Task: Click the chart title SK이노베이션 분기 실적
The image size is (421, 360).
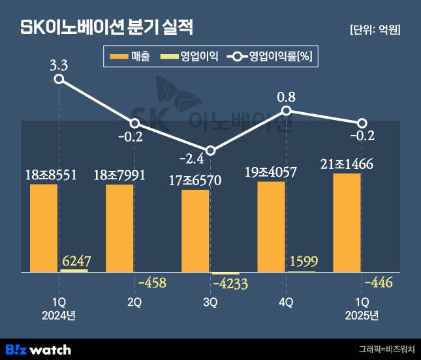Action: pos(107,28)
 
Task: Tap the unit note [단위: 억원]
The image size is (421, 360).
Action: pos(375,29)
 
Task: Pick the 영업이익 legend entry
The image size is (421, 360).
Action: pos(189,57)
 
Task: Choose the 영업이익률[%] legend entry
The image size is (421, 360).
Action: pos(270,57)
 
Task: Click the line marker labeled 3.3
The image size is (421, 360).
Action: pos(59,79)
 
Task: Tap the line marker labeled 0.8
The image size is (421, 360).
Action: pos(286,111)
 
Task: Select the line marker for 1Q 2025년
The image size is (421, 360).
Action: pos(362,123)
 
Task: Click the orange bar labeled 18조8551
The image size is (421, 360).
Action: pos(44,228)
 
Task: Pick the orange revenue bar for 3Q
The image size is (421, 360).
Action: pos(195,231)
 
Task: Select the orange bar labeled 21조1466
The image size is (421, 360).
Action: pos(347,222)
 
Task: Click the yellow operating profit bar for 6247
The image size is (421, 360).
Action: pos(74,270)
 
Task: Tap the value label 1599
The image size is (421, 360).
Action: pos(303,262)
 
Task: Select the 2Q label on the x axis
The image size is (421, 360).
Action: pos(134,302)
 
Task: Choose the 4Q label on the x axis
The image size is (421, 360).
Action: pos(286,302)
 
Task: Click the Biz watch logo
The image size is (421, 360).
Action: pos(38,349)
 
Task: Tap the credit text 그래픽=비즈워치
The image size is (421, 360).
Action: pos(386,349)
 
